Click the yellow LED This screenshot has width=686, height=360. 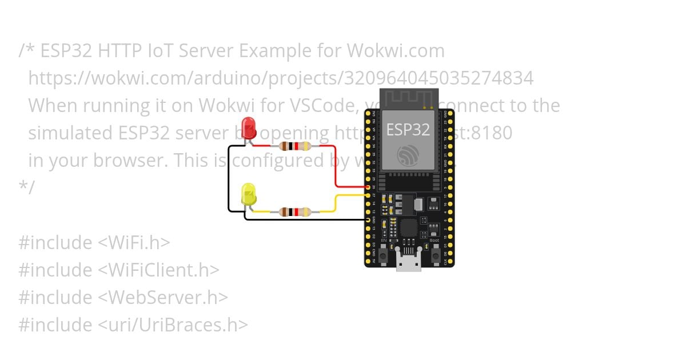(x=249, y=194)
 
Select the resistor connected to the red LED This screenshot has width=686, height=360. (x=294, y=146)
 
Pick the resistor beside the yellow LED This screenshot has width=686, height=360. (x=294, y=212)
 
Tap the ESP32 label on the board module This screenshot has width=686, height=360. (x=408, y=129)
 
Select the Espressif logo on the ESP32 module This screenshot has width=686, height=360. (x=408, y=154)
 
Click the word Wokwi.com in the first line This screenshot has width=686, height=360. (x=396, y=51)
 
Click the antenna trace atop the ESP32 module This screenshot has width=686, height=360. (x=408, y=98)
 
